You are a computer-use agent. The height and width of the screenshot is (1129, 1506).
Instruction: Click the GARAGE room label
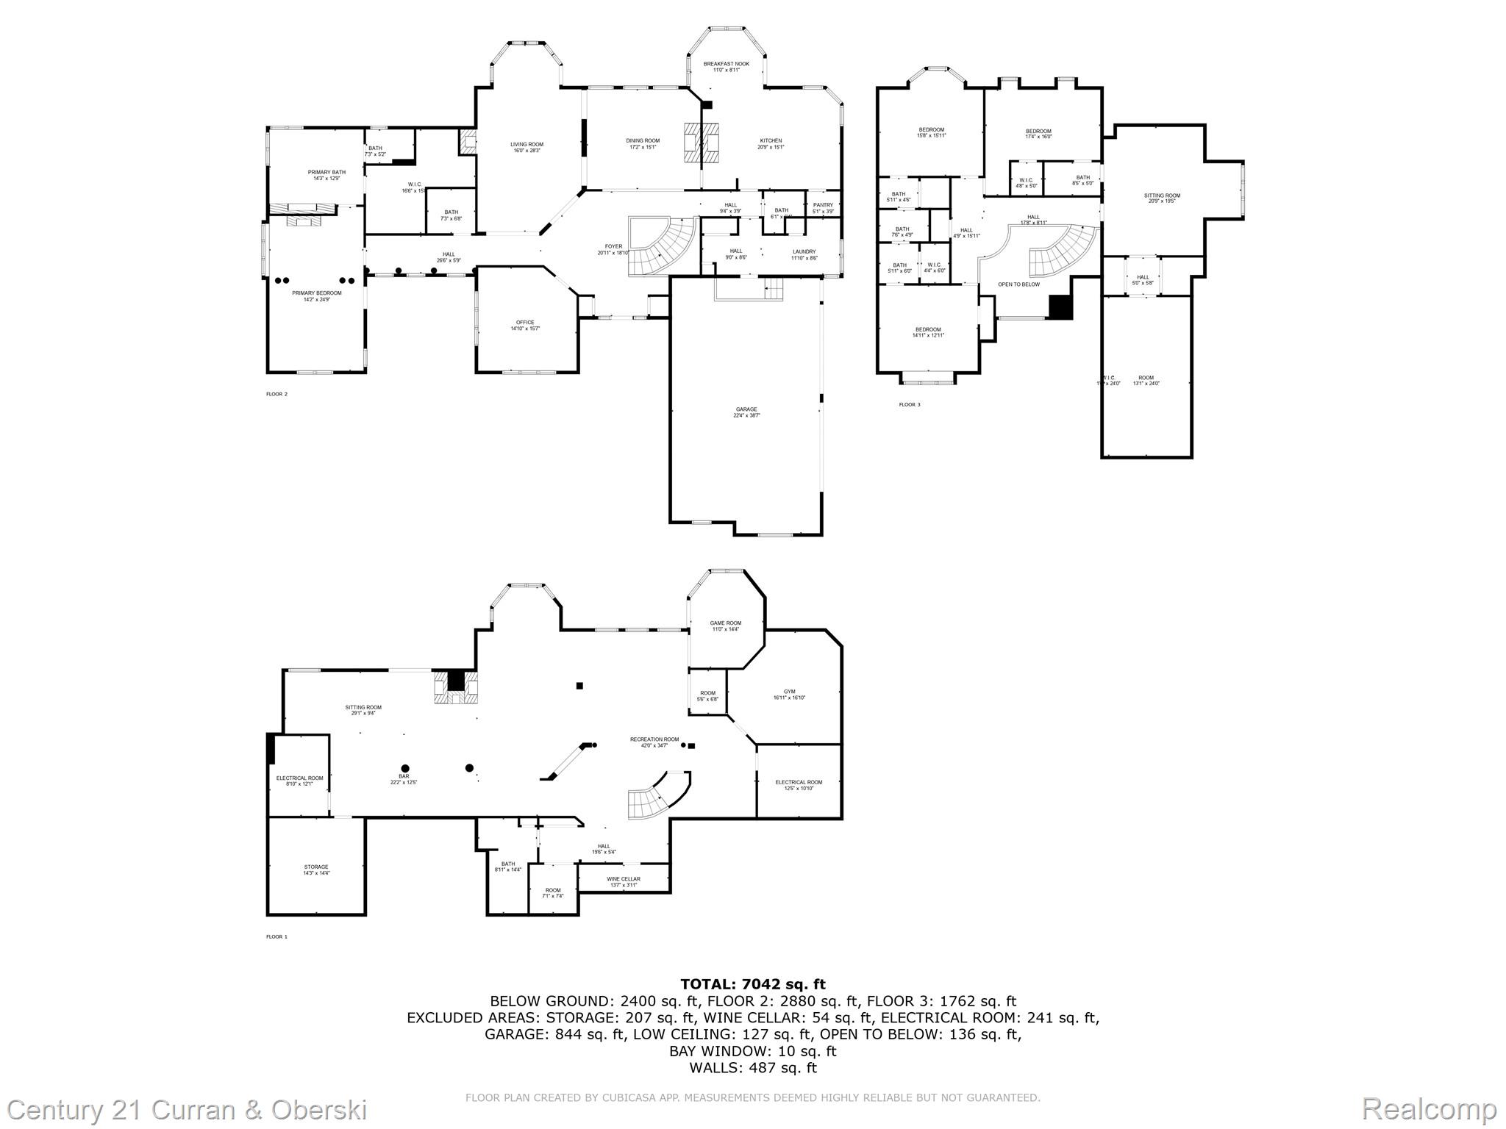click(x=746, y=410)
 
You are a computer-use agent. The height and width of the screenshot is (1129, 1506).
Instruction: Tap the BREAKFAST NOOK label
click(x=726, y=64)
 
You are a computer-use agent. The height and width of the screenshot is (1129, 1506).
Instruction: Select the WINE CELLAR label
click(x=623, y=879)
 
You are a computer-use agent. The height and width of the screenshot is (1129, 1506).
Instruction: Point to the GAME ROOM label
click(x=725, y=623)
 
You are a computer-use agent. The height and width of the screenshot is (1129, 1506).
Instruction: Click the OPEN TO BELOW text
click(x=1018, y=284)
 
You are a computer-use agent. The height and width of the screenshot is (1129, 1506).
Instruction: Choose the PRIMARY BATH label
click(x=326, y=173)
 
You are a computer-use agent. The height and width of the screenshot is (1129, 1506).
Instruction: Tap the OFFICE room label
click(x=524, y=323)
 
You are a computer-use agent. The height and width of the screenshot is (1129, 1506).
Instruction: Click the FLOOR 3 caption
click(x=909, y=405)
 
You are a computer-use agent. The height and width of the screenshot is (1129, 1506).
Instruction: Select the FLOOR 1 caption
click(x=276, y=937)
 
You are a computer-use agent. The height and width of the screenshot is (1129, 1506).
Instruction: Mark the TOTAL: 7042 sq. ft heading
click(x=752, y=984)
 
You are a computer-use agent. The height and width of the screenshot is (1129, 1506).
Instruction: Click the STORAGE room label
click(x=316, y=867)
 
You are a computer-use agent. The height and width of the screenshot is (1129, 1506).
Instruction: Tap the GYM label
click(x=789, y=692)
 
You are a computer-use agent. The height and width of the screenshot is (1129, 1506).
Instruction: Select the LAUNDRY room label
click(x=803, y=251)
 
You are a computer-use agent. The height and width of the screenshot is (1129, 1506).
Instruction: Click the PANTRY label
click(x=823, y=205)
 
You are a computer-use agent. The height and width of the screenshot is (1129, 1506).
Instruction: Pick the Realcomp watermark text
click(x=1429, y=1108)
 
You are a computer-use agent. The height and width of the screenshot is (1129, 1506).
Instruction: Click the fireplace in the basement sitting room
click(x=456, y=689)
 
